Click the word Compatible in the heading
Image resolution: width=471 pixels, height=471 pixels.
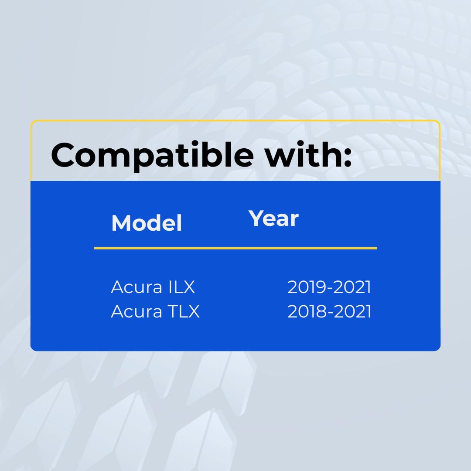[x=152, y=156]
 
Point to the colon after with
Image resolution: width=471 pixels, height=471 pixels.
[x=348, y=158]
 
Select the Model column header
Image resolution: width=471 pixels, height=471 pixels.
[x=147, y=223]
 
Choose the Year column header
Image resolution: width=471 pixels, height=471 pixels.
[x=273, y=219]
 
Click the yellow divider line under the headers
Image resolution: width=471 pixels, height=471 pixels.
[x=235, y=249]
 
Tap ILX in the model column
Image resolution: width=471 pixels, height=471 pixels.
[x=182, y=287]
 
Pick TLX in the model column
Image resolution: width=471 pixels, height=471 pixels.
[x=184, y=311]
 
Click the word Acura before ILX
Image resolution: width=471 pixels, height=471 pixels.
[x=137, y=287]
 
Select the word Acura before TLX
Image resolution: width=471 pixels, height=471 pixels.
[x=137, y=311]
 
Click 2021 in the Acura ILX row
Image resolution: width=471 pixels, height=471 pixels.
[x=352, y=287]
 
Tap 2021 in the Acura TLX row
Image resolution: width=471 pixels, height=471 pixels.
[x=352, y=311]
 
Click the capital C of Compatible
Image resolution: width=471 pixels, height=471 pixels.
[x=63, y=155]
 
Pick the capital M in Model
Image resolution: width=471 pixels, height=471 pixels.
[x=121, y=223]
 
